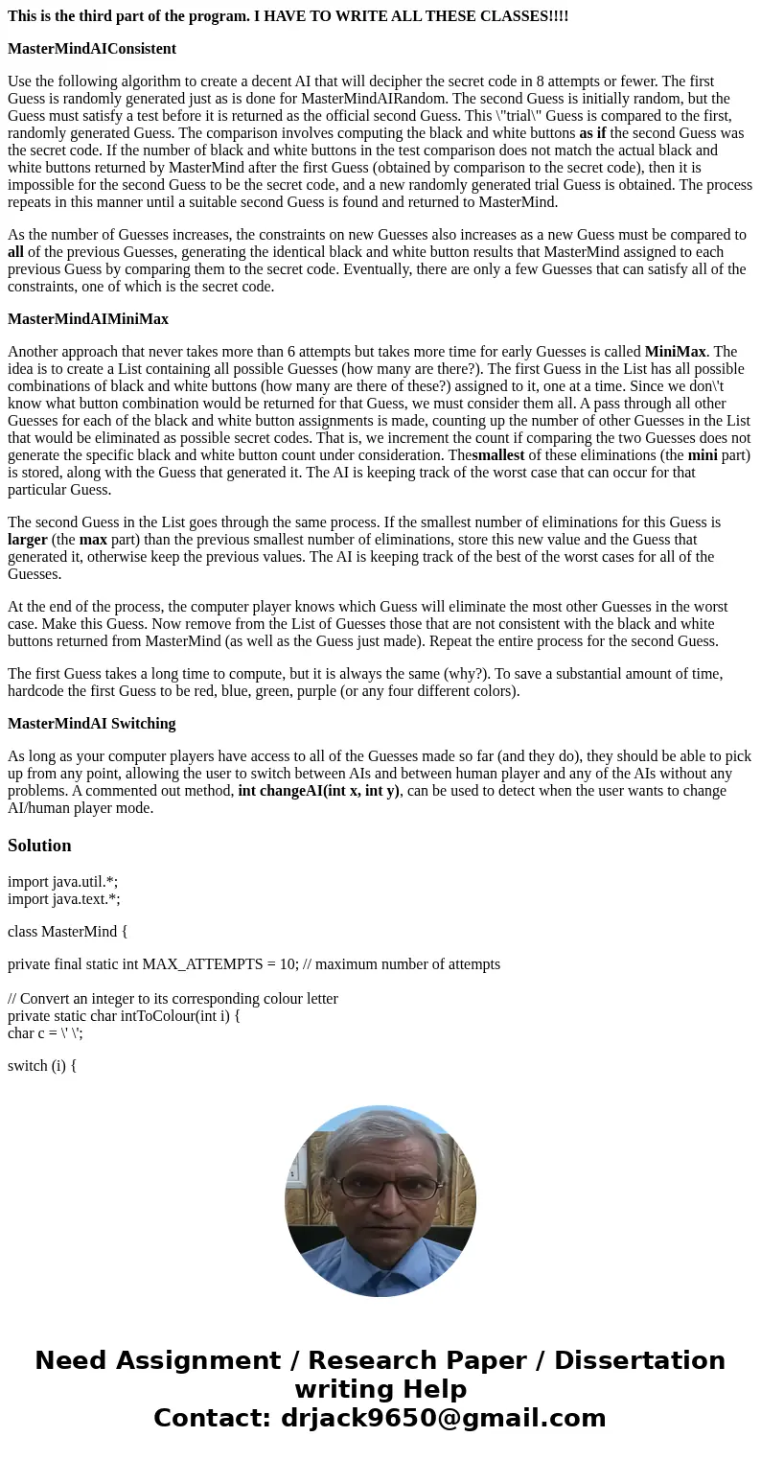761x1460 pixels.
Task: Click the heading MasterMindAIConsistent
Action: (92, 49)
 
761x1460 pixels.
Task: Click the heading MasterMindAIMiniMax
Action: (88, 319)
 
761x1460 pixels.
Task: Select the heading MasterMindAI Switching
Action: (92, 724)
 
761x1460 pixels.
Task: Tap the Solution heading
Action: (39, 846)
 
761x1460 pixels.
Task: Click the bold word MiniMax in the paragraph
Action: (675, 352)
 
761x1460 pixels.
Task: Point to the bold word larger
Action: (28, 540)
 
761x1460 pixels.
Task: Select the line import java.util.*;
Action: (62, 882)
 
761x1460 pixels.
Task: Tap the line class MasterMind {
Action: (67, 932)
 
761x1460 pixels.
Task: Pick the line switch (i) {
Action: (42, 1066)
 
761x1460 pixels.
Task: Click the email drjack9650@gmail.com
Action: (443, 1419)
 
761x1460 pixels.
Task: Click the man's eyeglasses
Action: (380, 1188)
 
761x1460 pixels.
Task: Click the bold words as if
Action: (592, 133)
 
